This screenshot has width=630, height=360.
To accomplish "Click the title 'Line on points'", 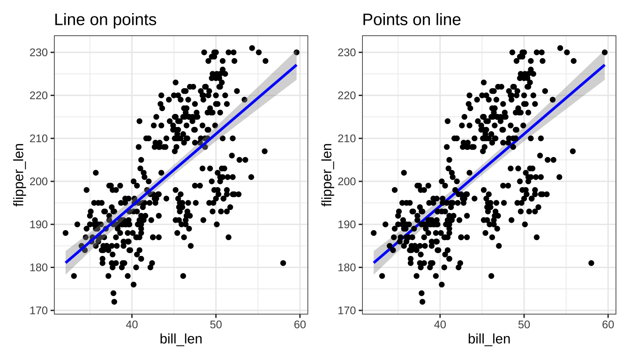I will [x=105, y=20].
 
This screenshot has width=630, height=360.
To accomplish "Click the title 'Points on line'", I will [x=412, y=20].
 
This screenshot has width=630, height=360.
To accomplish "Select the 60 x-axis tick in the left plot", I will [x=300, y=324].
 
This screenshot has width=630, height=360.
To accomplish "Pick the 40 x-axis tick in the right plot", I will [x=440, y=324].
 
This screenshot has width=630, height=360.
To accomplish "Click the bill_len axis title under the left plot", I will [x=181, y=339].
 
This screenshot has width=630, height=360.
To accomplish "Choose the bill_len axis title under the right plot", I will [x=489, y=339].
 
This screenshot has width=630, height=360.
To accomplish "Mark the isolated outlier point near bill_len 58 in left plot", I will [x=283, y=263].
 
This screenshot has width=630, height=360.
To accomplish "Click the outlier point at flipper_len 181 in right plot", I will [x=591, y=263].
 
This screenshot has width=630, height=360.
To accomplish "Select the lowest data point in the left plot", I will [x=114, y=301].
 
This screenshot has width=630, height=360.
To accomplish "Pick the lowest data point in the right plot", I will [x=422, y=301].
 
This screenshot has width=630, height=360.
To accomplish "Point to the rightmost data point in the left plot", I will [x=296, y=52].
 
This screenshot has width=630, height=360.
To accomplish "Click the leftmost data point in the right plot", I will [x=374, y=233].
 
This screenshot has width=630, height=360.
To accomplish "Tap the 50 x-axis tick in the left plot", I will [x=216, y=324].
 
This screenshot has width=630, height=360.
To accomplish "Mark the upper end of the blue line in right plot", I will [x=604, y=65].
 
